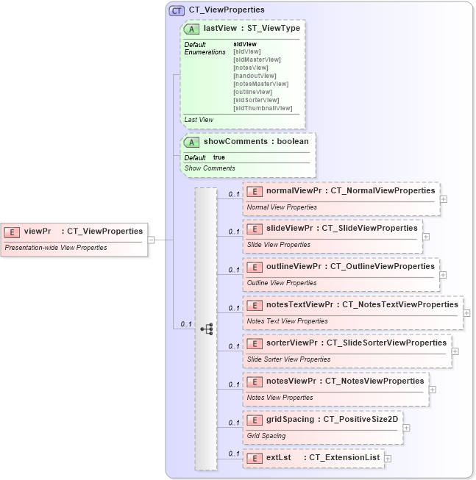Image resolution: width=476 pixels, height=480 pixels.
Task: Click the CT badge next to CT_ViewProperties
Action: point(177,10)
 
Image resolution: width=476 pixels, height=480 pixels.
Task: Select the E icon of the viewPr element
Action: point(13,232)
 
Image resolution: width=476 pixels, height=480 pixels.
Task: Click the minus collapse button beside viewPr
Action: point(151,239)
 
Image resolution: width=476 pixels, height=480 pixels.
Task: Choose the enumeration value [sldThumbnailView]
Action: point(263,108)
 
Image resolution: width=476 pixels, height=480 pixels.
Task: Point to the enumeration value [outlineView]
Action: point(252,92)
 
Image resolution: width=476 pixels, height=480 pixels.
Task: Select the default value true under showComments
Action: point(219,157)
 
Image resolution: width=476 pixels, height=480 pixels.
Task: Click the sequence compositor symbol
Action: point(207,329)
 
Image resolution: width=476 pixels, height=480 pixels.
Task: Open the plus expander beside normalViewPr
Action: point(444,198)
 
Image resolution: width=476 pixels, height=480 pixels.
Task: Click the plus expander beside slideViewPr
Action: point(426,237)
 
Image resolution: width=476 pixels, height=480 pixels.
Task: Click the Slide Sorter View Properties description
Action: point(288,359)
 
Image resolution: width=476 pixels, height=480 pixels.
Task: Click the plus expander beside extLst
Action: point(388,458)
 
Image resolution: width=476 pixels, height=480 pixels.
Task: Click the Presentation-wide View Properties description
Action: point(55,248)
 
